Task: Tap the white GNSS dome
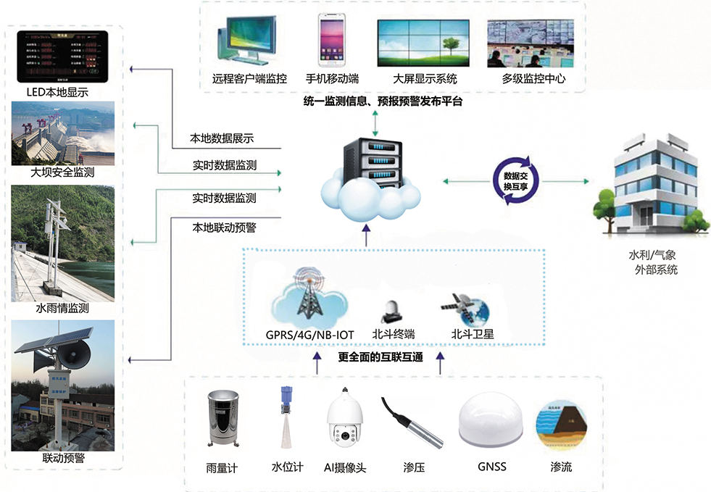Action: point(491,425)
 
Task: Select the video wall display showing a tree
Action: point(424,41)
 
